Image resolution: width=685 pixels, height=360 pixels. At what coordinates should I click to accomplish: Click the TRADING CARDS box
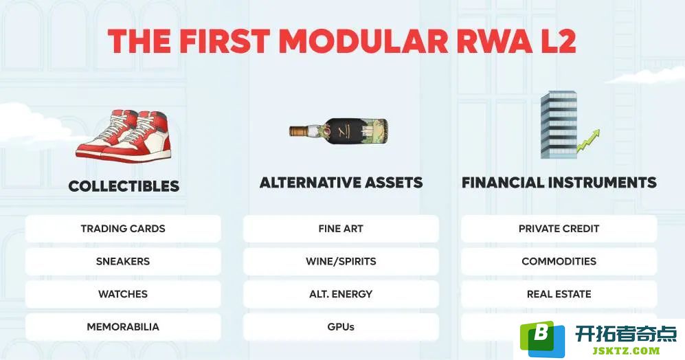coord(123,229)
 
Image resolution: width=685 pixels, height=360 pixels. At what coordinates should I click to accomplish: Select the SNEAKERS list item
coord(123,261)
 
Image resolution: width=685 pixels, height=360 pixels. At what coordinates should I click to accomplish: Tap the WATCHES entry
coord(123,294)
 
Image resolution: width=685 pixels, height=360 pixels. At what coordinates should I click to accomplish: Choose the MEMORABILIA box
coord(123,327)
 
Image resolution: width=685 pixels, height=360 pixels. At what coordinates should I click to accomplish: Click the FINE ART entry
coord(341,229)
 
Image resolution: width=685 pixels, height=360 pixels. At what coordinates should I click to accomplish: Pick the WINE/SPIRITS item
coord(341,261)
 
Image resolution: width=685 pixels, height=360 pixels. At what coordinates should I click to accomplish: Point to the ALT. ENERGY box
coord(341,294)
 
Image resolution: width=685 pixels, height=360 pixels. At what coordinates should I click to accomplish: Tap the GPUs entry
coord(341,327)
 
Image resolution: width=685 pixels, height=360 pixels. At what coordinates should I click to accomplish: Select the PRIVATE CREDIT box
coord(559,229)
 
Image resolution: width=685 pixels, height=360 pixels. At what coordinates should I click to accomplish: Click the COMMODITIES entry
coord(559,261)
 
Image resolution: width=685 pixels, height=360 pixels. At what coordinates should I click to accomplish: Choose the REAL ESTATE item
coord(559,294)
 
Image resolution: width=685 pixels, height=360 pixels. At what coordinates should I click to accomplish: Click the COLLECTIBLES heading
coord(124,186)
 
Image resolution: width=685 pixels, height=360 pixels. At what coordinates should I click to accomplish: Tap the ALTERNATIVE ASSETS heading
coord(341,182)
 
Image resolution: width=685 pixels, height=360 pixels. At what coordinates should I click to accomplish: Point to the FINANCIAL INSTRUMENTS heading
coord(559,182)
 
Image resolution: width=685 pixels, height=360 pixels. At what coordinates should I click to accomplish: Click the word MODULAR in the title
coord(363,41)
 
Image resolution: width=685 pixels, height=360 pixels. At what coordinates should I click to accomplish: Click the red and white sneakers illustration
coord(124,135)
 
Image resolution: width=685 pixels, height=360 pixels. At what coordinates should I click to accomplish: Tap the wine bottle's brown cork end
coord(298,131)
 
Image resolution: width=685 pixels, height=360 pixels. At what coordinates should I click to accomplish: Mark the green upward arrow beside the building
coord(588,140)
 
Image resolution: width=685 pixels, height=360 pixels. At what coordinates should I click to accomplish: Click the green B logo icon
coord(542,339)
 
